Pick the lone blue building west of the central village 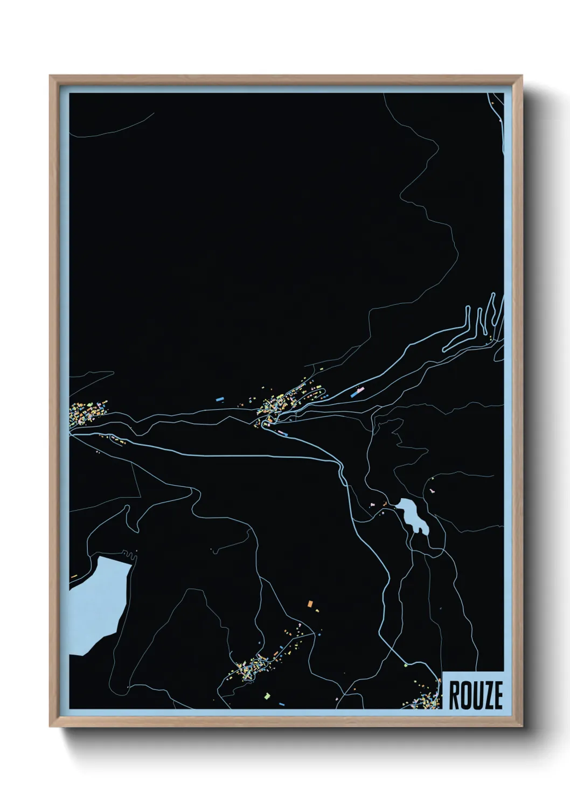coord(219,400)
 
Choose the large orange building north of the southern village coord(310,604)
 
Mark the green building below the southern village coord(266,696)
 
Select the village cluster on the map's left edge coord(86,414)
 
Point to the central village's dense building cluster coord(277,405)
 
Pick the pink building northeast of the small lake coord(432,491)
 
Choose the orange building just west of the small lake coord(385,504)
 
